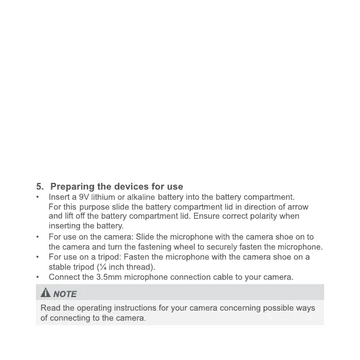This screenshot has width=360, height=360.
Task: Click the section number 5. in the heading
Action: click(41, 187)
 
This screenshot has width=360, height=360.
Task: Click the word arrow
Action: click(296, 207)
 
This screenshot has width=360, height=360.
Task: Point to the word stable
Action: click(59, 267)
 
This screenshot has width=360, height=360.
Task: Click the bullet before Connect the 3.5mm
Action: click(38, 277)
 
